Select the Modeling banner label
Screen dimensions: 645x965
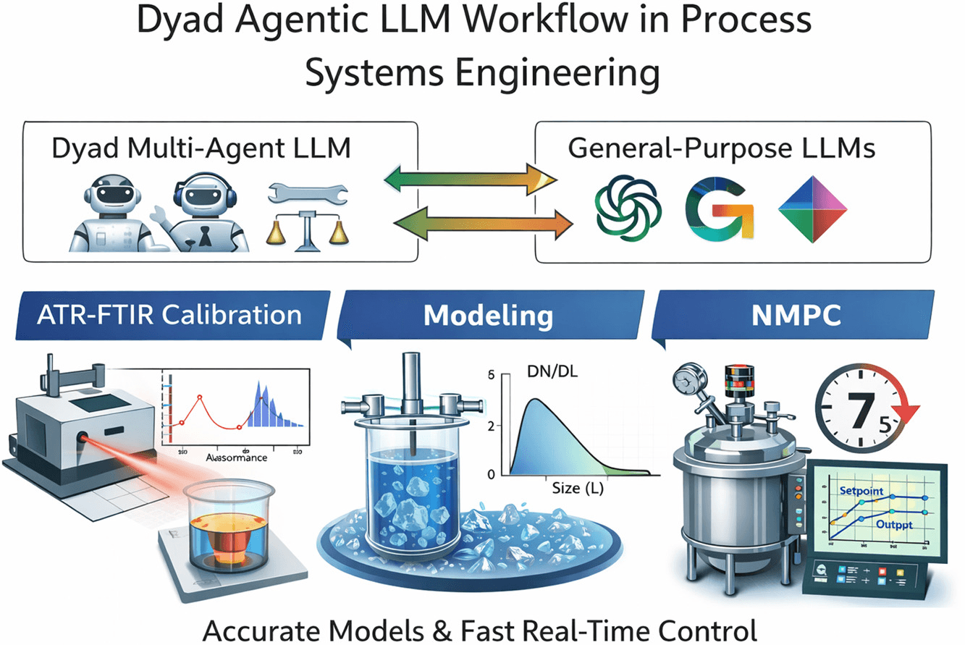tap(488, 316)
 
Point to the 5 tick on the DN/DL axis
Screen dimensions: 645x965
tap(492, 375)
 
